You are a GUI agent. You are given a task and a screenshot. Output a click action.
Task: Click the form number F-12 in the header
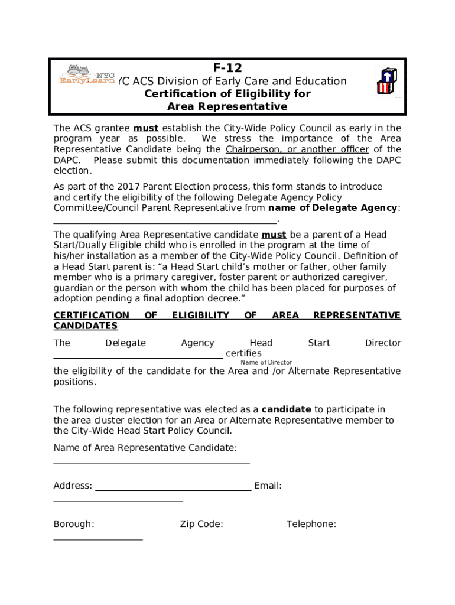coord(227,68)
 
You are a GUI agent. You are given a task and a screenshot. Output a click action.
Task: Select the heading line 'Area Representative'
coord(227,106)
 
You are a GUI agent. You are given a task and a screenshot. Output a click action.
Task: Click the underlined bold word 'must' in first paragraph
coord(145,128)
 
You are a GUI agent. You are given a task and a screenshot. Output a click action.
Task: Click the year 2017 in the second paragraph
coord(128,187)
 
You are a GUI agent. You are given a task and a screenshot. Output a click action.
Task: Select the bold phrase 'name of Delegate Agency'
coord(333,208)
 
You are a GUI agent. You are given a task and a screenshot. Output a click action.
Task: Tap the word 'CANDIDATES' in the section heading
coord(85,326)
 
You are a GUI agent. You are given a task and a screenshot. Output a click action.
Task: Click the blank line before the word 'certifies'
coord(138,357)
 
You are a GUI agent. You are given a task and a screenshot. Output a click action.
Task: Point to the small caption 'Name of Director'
coord(266,362)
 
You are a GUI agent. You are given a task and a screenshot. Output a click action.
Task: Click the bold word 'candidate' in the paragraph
coord(286,409)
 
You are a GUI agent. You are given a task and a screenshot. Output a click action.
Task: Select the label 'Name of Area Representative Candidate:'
coord(145,448)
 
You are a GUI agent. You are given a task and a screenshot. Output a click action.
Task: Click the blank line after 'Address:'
coord(173,490)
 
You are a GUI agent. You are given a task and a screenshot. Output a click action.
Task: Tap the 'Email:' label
coord(268,486)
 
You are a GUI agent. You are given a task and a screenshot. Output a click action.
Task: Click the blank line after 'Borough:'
coord(136,528)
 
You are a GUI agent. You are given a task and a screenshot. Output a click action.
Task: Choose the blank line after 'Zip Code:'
coord(255,528)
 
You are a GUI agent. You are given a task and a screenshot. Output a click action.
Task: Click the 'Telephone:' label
coord(311,524)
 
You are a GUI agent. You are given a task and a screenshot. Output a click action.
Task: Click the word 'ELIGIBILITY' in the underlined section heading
coord(200,315)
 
